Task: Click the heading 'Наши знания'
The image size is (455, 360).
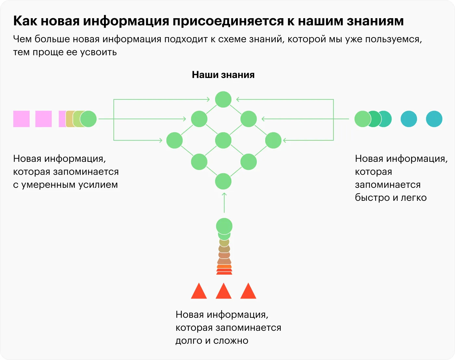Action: click(x=223, y=75)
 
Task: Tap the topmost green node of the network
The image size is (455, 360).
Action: click(x=223, y=99)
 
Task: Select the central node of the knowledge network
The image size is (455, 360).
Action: click(x=223, y=141)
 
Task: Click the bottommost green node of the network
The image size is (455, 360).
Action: click(x=223, y=181)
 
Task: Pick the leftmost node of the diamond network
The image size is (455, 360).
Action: click(x=175, y=141)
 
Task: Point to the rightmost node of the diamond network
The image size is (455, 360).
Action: click(x=273, y=141)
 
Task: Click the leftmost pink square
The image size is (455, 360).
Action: click(x=21, y=119)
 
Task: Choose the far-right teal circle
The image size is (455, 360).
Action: click(x=434, y=119)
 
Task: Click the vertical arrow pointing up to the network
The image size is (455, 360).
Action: click(x=224, y=203)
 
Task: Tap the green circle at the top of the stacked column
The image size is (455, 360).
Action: click(x=224, y=226)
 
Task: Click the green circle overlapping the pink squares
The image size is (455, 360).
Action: click(x=88, y=119)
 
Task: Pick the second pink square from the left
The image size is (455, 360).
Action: click(x=44, y=119)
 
